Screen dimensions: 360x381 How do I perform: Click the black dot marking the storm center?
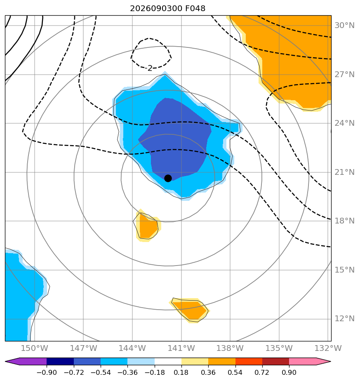tap(168, 179)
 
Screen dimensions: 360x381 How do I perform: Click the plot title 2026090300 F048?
tap(168, 9)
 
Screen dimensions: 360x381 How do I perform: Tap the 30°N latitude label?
tap(344, 25)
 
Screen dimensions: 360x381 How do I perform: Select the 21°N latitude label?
tap(344, 172)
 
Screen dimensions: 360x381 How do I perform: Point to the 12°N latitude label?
tap(344, 318)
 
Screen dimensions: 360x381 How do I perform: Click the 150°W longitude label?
tap(35, 348)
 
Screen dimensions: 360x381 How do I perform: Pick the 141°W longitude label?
tap(181, 348)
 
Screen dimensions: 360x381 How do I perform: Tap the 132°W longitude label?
tap(328, 348)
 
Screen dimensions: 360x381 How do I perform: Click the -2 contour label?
tap(150, 68)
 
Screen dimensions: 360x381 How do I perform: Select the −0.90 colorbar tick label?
tap(47, 372)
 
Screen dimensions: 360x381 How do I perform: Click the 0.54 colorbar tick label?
tap(235, 372)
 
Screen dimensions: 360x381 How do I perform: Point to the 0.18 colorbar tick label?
tap(181, 372)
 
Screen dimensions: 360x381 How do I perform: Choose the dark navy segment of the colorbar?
tap(60, 362)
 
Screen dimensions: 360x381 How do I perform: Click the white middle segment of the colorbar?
tap(168, 362)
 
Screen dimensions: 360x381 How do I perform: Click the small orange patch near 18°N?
tap(147, 226)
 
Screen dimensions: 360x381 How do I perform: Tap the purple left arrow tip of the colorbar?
tap(6, 362)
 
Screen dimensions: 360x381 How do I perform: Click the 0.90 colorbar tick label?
tap(289, 372)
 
